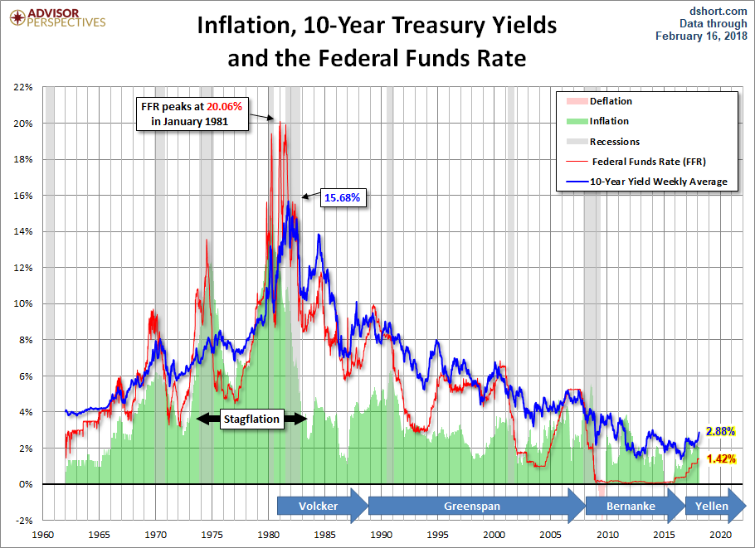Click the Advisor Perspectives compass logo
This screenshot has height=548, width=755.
click(x=17, y=17)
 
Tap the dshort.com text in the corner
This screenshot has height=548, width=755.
click(x=718, y=11)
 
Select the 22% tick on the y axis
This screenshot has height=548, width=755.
click(x=23, y=87)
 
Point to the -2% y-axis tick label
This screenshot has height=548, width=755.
click(x=23, y=521)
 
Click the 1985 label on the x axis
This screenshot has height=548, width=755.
click(x=325, y=535)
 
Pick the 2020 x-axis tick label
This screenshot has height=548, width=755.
click(x=721, y=535)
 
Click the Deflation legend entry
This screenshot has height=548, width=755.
click(x=600, y=101)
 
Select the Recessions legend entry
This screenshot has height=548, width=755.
click(x=603, y=142)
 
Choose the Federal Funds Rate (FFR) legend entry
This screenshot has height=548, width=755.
click(x=636, y=162)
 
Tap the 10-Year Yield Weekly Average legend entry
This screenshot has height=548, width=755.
click(x=646, y=182)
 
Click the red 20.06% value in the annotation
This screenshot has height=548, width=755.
click(x=224, y=106)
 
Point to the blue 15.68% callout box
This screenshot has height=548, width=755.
click(x=343, y=198)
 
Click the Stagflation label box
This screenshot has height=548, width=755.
click(x=251, y=419)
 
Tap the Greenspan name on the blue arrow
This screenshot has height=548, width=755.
click(x=472, y=507)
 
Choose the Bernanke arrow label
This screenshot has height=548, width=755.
click(x=631, y=507)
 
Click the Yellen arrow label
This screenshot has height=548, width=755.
click(x=712, y=507)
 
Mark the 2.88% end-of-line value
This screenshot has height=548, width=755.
click(x=720, y=431)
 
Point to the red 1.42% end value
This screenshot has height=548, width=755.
click(x=721, y=458)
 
